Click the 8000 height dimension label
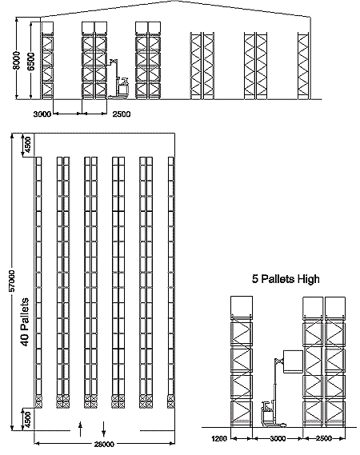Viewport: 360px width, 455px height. pos(17,61)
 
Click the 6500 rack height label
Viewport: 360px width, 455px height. pos(31,62)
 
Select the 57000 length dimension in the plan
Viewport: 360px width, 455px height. pos(12,281)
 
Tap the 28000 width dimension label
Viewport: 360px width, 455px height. pos(104,444)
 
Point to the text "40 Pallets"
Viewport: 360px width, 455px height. pos(26,321)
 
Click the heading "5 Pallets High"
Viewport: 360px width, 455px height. pos(286,279)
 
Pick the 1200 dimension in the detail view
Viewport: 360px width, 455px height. pos(219,438)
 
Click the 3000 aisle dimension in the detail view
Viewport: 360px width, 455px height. pos(278,438)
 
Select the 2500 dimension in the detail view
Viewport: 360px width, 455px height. pos(324,438)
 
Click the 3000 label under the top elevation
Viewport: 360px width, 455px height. pos(42,114)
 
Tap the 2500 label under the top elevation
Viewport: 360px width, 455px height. pos(122,114)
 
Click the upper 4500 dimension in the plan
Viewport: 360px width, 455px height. pos(26,145)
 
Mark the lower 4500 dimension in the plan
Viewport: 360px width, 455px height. pos(26,420)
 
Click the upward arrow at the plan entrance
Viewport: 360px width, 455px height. pos(81,429)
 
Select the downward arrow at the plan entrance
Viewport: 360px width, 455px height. pos(104,429)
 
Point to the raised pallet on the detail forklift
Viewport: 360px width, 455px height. pos(293,361)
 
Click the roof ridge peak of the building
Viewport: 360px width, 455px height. pos(174,1)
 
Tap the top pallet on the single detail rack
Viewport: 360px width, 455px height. pos(242,307)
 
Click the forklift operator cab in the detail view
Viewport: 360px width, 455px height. pos(267,413)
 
